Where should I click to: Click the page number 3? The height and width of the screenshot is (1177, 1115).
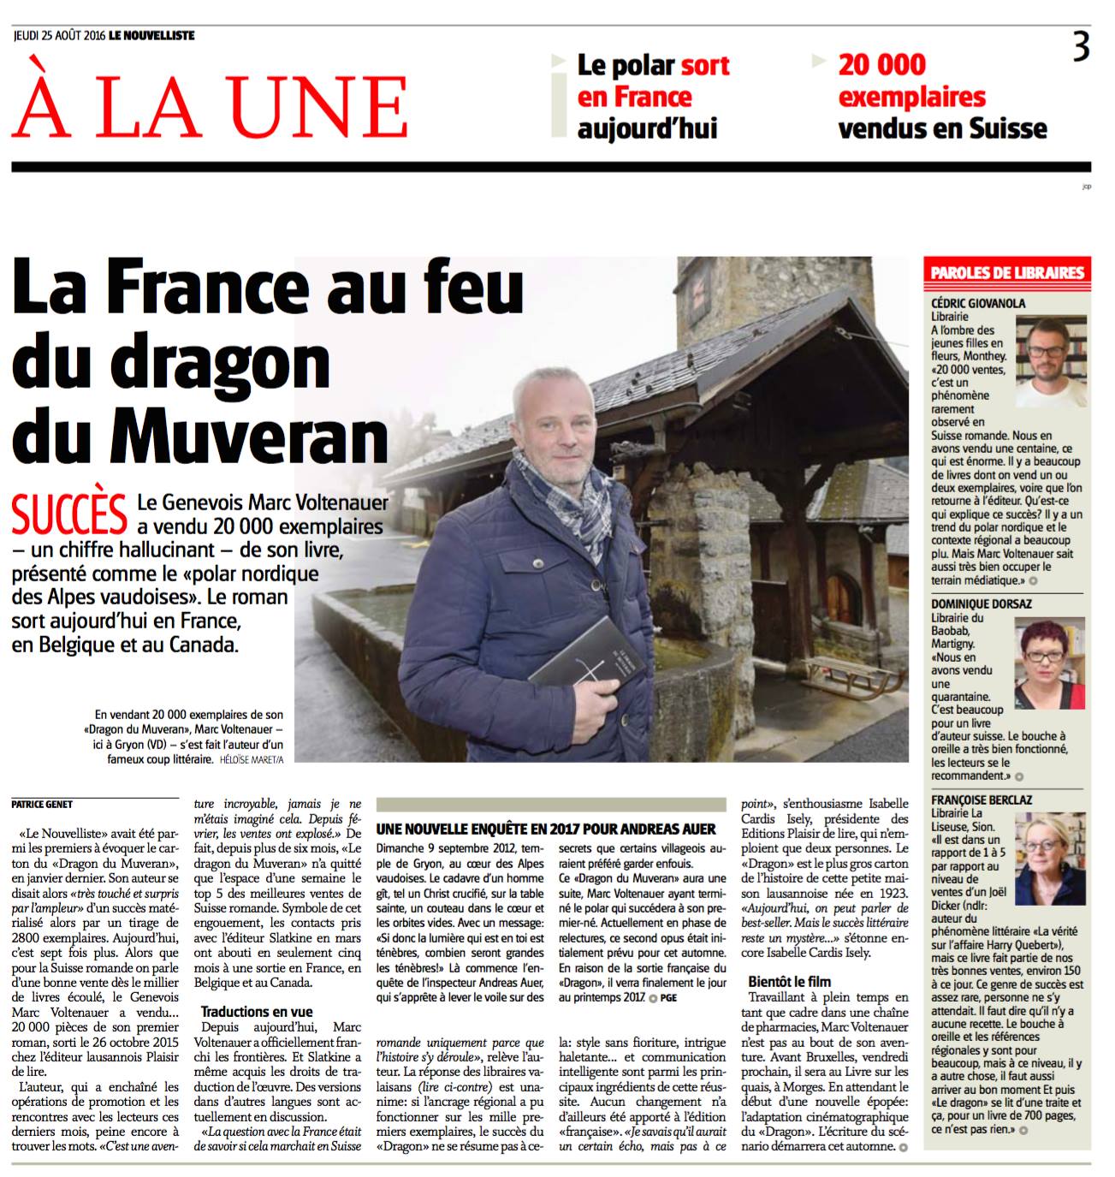click(x=1082, y=46)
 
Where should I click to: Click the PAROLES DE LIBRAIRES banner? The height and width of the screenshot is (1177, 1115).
click(x=1007, y=273)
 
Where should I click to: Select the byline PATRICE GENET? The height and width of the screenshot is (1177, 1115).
click(x=42, y=804)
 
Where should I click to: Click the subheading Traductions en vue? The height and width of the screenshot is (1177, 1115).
click(x=257, y=1011)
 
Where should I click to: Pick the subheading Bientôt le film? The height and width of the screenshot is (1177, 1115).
click(x=789, y=981)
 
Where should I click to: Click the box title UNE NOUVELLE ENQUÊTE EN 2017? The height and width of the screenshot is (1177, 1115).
click(x=546, y=829)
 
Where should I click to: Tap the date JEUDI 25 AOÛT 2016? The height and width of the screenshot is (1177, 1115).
click(x=59, y=36)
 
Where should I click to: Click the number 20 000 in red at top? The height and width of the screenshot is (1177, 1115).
click(x=881, y=65)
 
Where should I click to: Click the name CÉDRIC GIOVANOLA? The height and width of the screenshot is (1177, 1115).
click(x=978, y=303)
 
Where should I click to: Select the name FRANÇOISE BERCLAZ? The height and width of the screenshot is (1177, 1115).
click(x=982, y=800)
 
